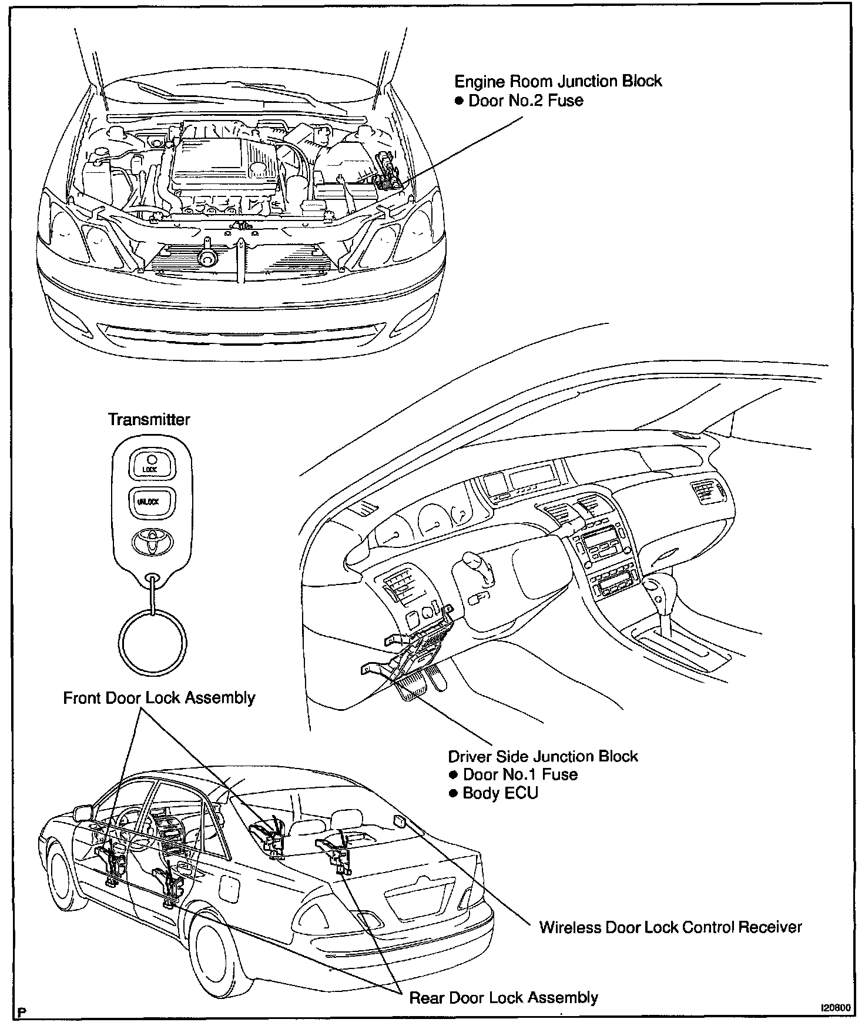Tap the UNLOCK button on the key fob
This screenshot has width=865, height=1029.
click(150, 502)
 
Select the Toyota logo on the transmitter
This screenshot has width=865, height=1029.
click(150, 541)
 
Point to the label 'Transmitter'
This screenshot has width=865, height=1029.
click(149, 419)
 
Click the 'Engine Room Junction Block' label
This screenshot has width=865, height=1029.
click(558, 81)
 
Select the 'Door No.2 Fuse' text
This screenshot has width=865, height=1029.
click(525, 101)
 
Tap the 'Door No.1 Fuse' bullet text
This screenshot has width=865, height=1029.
click(520, 774)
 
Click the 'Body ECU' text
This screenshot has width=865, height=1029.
click(500, 793)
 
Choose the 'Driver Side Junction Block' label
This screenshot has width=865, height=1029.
click(543, 756)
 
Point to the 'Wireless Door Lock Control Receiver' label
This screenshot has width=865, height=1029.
click(670, 927)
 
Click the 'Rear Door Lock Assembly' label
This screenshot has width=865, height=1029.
click(504, 997)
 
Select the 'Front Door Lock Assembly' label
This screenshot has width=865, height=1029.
click(159, 698)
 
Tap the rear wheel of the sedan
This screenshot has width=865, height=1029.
click(219, 950)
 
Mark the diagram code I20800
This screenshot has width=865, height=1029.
click(835, 1007)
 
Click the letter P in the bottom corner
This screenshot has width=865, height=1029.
click(22, 1012)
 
